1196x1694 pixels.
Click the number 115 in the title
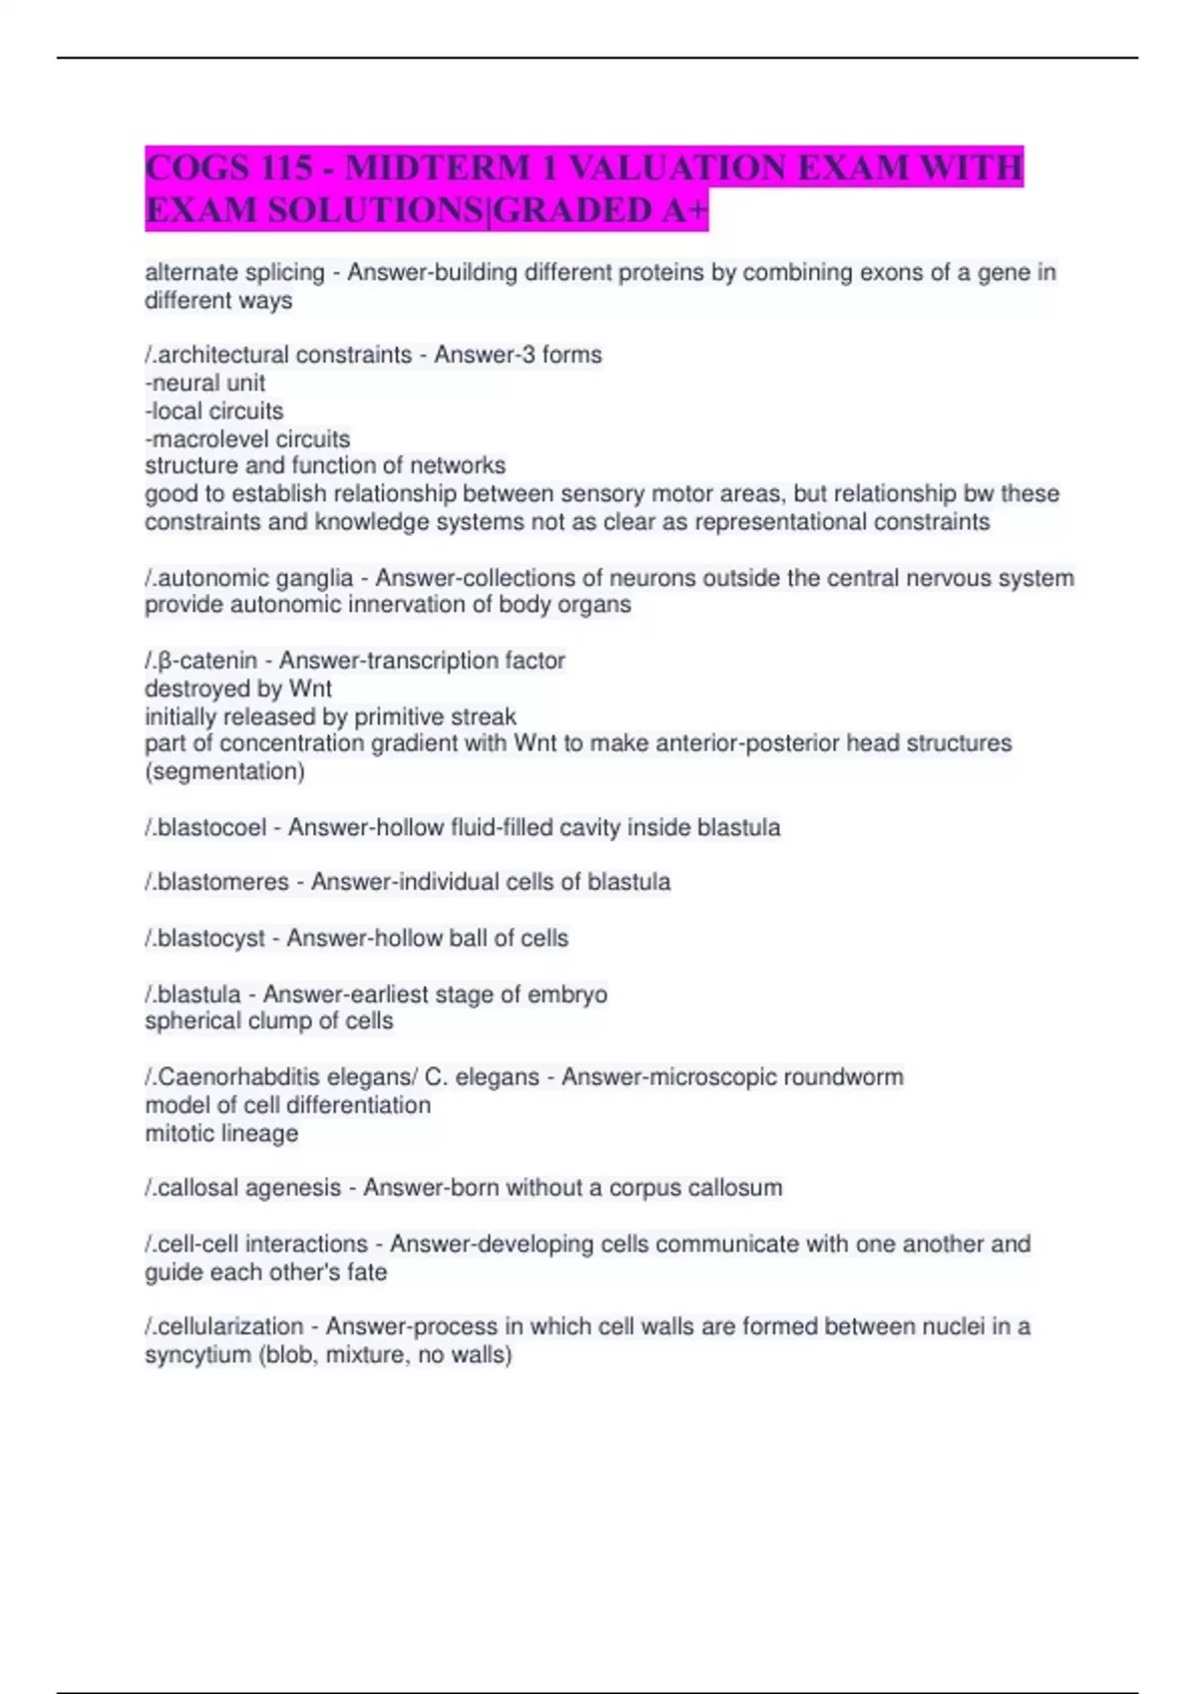pos(284,167)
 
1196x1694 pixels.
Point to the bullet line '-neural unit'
pos(205,383)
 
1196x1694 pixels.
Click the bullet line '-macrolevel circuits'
pos(247,438)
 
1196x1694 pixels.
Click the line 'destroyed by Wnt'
pos(238,689)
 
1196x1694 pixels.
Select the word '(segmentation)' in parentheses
pos(225,771)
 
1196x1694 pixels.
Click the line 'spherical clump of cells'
pos(269,1021)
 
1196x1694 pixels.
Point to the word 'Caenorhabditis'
pos(232,1077)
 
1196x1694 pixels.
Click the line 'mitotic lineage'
pos(221,1133)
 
